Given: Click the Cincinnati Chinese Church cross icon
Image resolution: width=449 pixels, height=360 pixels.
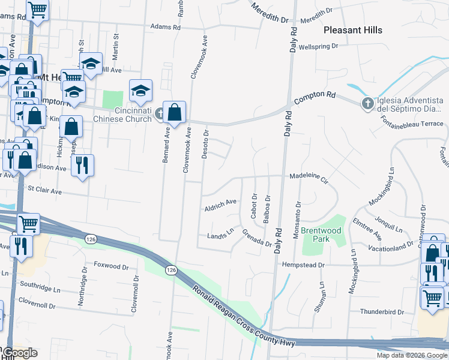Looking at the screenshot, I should pyautogui.click(x=159, y=112).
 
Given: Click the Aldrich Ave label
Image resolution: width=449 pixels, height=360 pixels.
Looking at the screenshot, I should pyautogui.click(x=221, y=205).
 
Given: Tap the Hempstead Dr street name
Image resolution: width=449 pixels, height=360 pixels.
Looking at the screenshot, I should pyautogui.click(x=304, y=265).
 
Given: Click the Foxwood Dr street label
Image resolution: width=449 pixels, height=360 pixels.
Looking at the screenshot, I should pyautogui.click(x=112, y=265).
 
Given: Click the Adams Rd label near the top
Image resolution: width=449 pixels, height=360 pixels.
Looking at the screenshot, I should pyautogui.click(x=165, y=27).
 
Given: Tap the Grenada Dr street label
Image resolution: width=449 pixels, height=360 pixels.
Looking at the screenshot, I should pyautogui.click(x=257, y=238).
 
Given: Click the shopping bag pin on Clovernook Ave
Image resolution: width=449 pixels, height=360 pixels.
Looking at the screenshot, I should pyautogui.click(x=174, y=113).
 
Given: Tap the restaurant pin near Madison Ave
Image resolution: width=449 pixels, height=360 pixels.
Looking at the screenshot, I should pyautogui.click(x=82, y=164).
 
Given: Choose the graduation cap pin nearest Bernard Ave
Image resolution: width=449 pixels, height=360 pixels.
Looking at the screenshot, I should pyautogui.click(x=140, y=91).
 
